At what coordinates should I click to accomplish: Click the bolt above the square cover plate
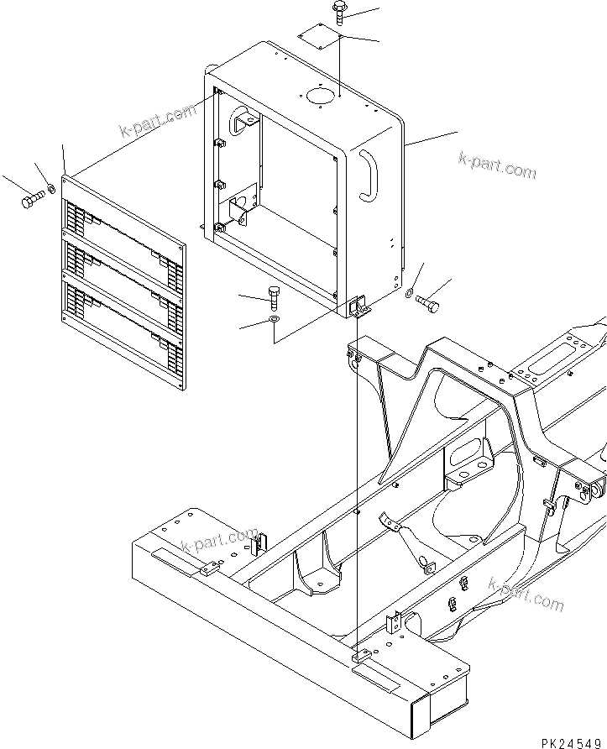339,12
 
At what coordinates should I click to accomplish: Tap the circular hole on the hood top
319,97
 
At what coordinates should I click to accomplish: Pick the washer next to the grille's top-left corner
52,188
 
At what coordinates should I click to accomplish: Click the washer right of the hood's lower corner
409,293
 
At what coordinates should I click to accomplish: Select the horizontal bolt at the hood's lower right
426,304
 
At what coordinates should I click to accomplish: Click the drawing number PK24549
572,741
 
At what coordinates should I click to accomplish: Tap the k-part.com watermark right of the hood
497,165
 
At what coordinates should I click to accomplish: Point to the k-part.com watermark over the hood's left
157,122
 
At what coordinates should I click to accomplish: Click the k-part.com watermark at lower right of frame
526,594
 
